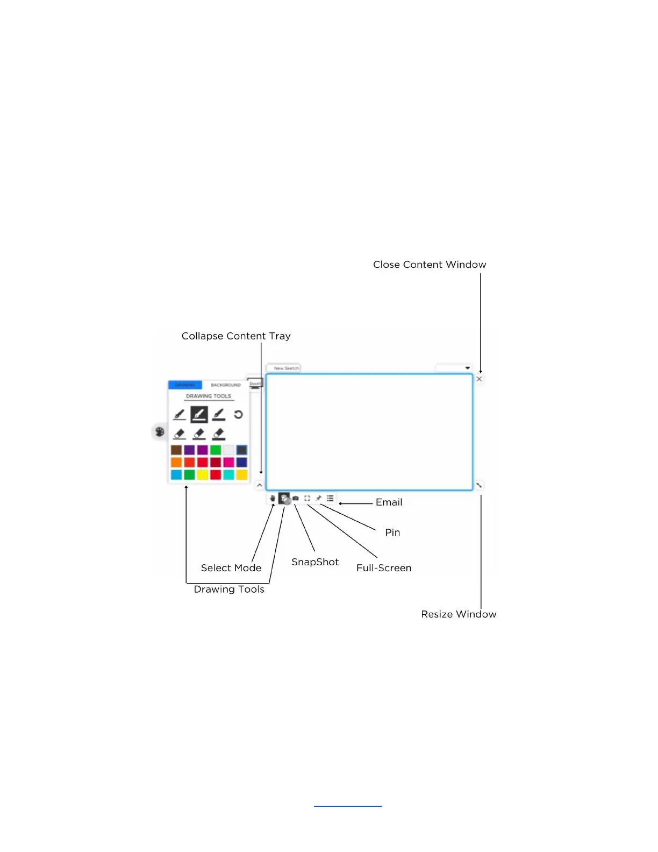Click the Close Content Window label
(x=430, y=265)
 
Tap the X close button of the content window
(x=479, y=379)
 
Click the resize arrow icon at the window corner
(x=479, y=485)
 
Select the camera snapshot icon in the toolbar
(x=296, y=499)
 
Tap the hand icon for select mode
(x=273, y=499)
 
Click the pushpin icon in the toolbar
(x=319, y=499)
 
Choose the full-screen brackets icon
(x=307, y=499)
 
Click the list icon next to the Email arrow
(x=330, y=499)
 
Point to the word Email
(x=389, y=502)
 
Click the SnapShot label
(x=315, y=562)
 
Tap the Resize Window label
(x=459, y=614)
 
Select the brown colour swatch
(x=176, y=450)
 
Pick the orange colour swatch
(x=176, y=463)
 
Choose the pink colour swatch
(x=228, y=463)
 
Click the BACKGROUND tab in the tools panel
(x=226, y=385)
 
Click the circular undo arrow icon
(x=238, y=415)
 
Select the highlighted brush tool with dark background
(x=199, y=415)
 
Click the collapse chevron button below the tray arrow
(x=260, y=485)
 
